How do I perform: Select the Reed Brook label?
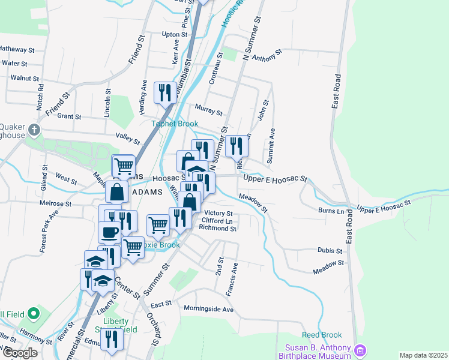322,335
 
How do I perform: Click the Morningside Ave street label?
208,310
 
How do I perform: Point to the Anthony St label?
267,56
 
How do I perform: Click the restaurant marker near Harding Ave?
164,92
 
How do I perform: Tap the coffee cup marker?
109,232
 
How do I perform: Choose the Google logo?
19,353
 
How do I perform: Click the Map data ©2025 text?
423,355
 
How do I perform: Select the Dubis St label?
330,250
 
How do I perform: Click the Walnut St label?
25,78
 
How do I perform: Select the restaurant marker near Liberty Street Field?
111,339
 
